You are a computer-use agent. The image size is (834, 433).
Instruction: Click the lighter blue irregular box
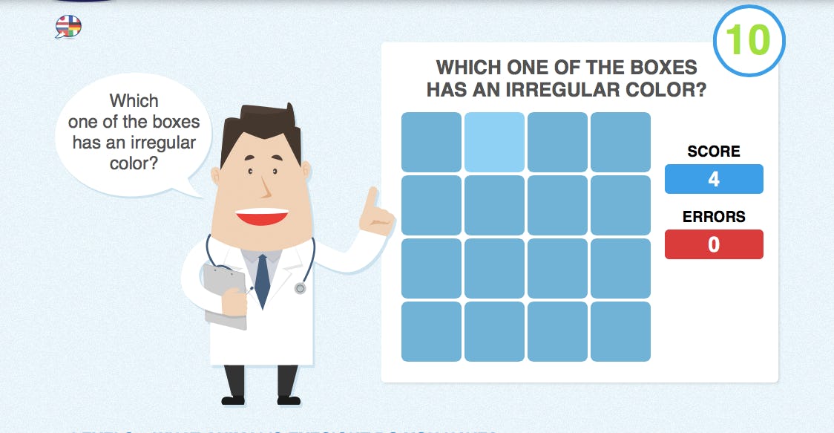tap(494, 142)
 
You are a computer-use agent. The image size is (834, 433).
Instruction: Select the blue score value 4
tap(714, 179)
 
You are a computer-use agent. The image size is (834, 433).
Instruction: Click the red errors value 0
tap(714, 244)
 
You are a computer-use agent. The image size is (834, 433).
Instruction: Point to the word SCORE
tap(714, 152)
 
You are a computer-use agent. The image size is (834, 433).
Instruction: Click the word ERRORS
tap(714, 217)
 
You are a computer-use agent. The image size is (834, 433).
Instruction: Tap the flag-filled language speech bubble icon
tap(68, 27)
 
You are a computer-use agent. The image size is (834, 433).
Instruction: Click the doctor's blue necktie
tap(262, 280)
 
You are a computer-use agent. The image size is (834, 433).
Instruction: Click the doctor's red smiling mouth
tap(261, 216)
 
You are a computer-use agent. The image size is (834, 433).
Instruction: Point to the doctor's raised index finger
tap(372, 199)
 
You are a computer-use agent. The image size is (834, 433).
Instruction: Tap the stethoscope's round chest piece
tap(300, 287)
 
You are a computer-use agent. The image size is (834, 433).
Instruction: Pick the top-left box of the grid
tap(431, 142)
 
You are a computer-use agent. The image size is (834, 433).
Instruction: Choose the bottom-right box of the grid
tap(620, 331)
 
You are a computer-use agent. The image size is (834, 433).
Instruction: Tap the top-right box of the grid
tap(620, 142)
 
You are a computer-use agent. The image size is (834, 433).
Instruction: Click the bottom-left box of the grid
tap(431, 331)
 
